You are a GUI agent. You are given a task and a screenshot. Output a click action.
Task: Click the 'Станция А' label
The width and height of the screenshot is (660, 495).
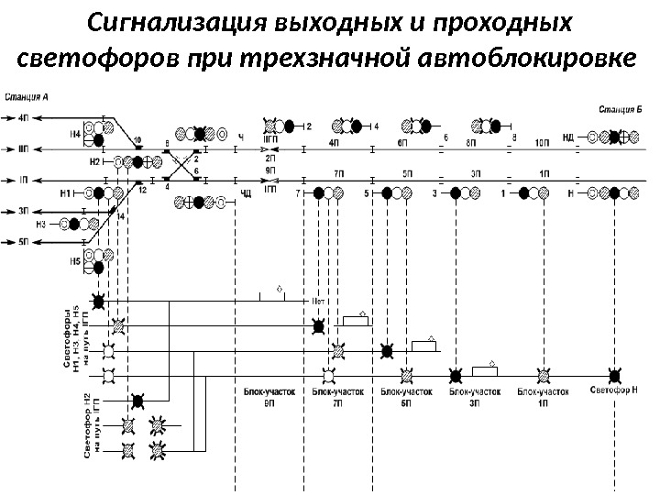[28, 95]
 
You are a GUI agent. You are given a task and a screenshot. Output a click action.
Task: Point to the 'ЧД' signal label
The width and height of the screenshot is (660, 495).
[245, 193]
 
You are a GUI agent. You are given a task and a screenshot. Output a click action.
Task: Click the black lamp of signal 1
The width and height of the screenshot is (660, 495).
[525, 194]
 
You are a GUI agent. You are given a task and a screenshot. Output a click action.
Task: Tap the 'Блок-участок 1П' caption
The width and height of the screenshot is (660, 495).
[544, 396]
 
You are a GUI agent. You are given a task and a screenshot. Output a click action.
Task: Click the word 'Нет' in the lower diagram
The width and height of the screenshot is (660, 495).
[320, 300]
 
